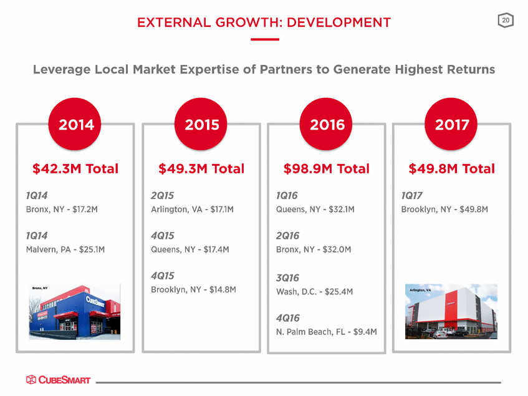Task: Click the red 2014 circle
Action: point(76,125)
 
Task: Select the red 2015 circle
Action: point(202,125)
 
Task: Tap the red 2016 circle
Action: point(327,125)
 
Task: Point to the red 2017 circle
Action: point(452,125)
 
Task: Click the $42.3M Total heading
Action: point(75,168)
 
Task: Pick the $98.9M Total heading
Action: point(326,168)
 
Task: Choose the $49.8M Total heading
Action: point(451,168)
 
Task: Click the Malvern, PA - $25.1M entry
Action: point(65,249)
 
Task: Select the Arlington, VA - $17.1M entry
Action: point(192,210)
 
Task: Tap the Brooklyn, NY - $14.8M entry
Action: point(193,289)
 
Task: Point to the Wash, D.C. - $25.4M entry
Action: point(314,291)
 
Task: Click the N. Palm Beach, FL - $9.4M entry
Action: point(326,332)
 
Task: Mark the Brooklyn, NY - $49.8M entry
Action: point(444,210)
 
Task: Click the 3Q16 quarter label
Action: point(287,278)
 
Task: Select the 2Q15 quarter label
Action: point(163,196)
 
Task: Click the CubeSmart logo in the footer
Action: point(58,380)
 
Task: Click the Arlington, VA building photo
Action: point(451,312)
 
